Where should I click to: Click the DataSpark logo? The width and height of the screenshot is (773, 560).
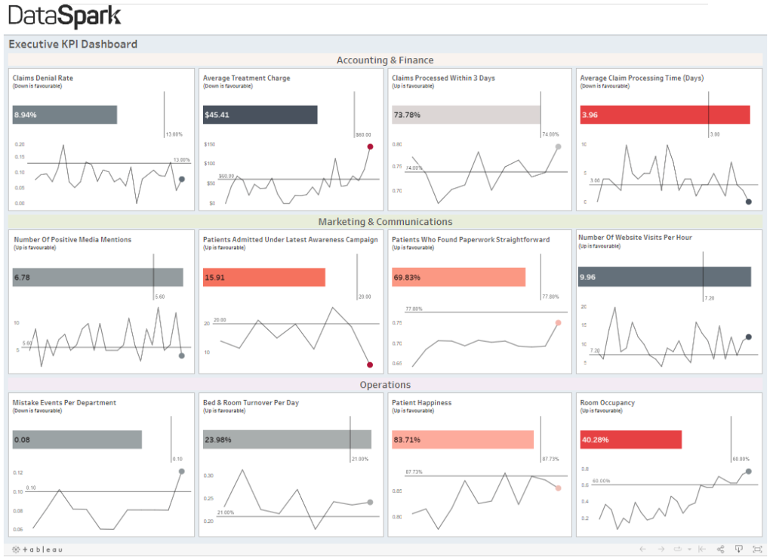64,16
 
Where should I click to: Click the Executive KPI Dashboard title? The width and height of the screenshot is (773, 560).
73,44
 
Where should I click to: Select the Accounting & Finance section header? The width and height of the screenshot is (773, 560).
385,60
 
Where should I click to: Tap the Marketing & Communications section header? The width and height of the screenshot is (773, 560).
385,222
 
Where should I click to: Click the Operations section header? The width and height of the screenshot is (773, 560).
385,385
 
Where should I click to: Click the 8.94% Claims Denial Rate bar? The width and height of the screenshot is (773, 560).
65,115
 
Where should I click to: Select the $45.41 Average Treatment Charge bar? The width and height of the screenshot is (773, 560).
260,115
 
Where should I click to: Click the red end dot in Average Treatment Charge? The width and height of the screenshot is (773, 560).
370,146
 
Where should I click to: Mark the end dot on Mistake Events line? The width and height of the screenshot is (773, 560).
181,471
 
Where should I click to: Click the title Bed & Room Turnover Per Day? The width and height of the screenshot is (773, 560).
251,402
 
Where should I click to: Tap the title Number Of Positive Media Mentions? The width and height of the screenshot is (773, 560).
72,239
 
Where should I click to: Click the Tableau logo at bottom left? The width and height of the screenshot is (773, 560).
38,549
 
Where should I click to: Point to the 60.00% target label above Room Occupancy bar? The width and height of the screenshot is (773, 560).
741,458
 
